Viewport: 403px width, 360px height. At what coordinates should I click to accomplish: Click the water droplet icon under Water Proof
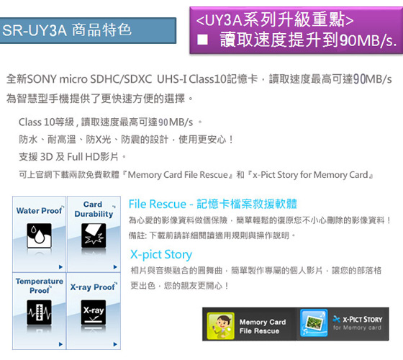coord(39,235)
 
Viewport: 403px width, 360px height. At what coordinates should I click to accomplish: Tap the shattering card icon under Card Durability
coord(94,235)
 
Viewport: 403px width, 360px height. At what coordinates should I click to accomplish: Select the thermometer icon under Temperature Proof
coord(39,312)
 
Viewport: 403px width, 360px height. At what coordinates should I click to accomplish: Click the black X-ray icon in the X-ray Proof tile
coord(94,312)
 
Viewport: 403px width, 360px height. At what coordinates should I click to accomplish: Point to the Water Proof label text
coord(40,210)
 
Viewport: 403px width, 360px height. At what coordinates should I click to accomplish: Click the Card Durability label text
coord(94,209)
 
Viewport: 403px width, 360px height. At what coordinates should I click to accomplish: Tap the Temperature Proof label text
coord(40,286)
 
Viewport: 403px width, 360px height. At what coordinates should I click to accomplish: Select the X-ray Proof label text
coord(94,287)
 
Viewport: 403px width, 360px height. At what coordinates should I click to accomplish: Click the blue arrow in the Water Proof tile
coord(60,267)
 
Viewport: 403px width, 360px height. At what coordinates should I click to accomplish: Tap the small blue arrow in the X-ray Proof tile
coord(115,344)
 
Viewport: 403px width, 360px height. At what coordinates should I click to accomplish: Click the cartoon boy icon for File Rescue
coord(220,325)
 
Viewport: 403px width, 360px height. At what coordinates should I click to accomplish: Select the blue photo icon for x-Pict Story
coord(314,323)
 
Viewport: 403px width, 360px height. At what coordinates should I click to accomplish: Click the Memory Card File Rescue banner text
coord(263,326)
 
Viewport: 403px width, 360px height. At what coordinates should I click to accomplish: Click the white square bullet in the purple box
coord(202,40)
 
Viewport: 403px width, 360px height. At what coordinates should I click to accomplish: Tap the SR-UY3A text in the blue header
coord(35,30)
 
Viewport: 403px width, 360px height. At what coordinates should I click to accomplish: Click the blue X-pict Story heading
coord(161,255)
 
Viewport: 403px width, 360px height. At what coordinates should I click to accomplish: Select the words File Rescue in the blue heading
coord(158,204)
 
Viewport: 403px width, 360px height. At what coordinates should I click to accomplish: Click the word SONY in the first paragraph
coord(42,78)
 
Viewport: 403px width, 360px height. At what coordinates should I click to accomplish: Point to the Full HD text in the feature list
coord(83,157)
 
